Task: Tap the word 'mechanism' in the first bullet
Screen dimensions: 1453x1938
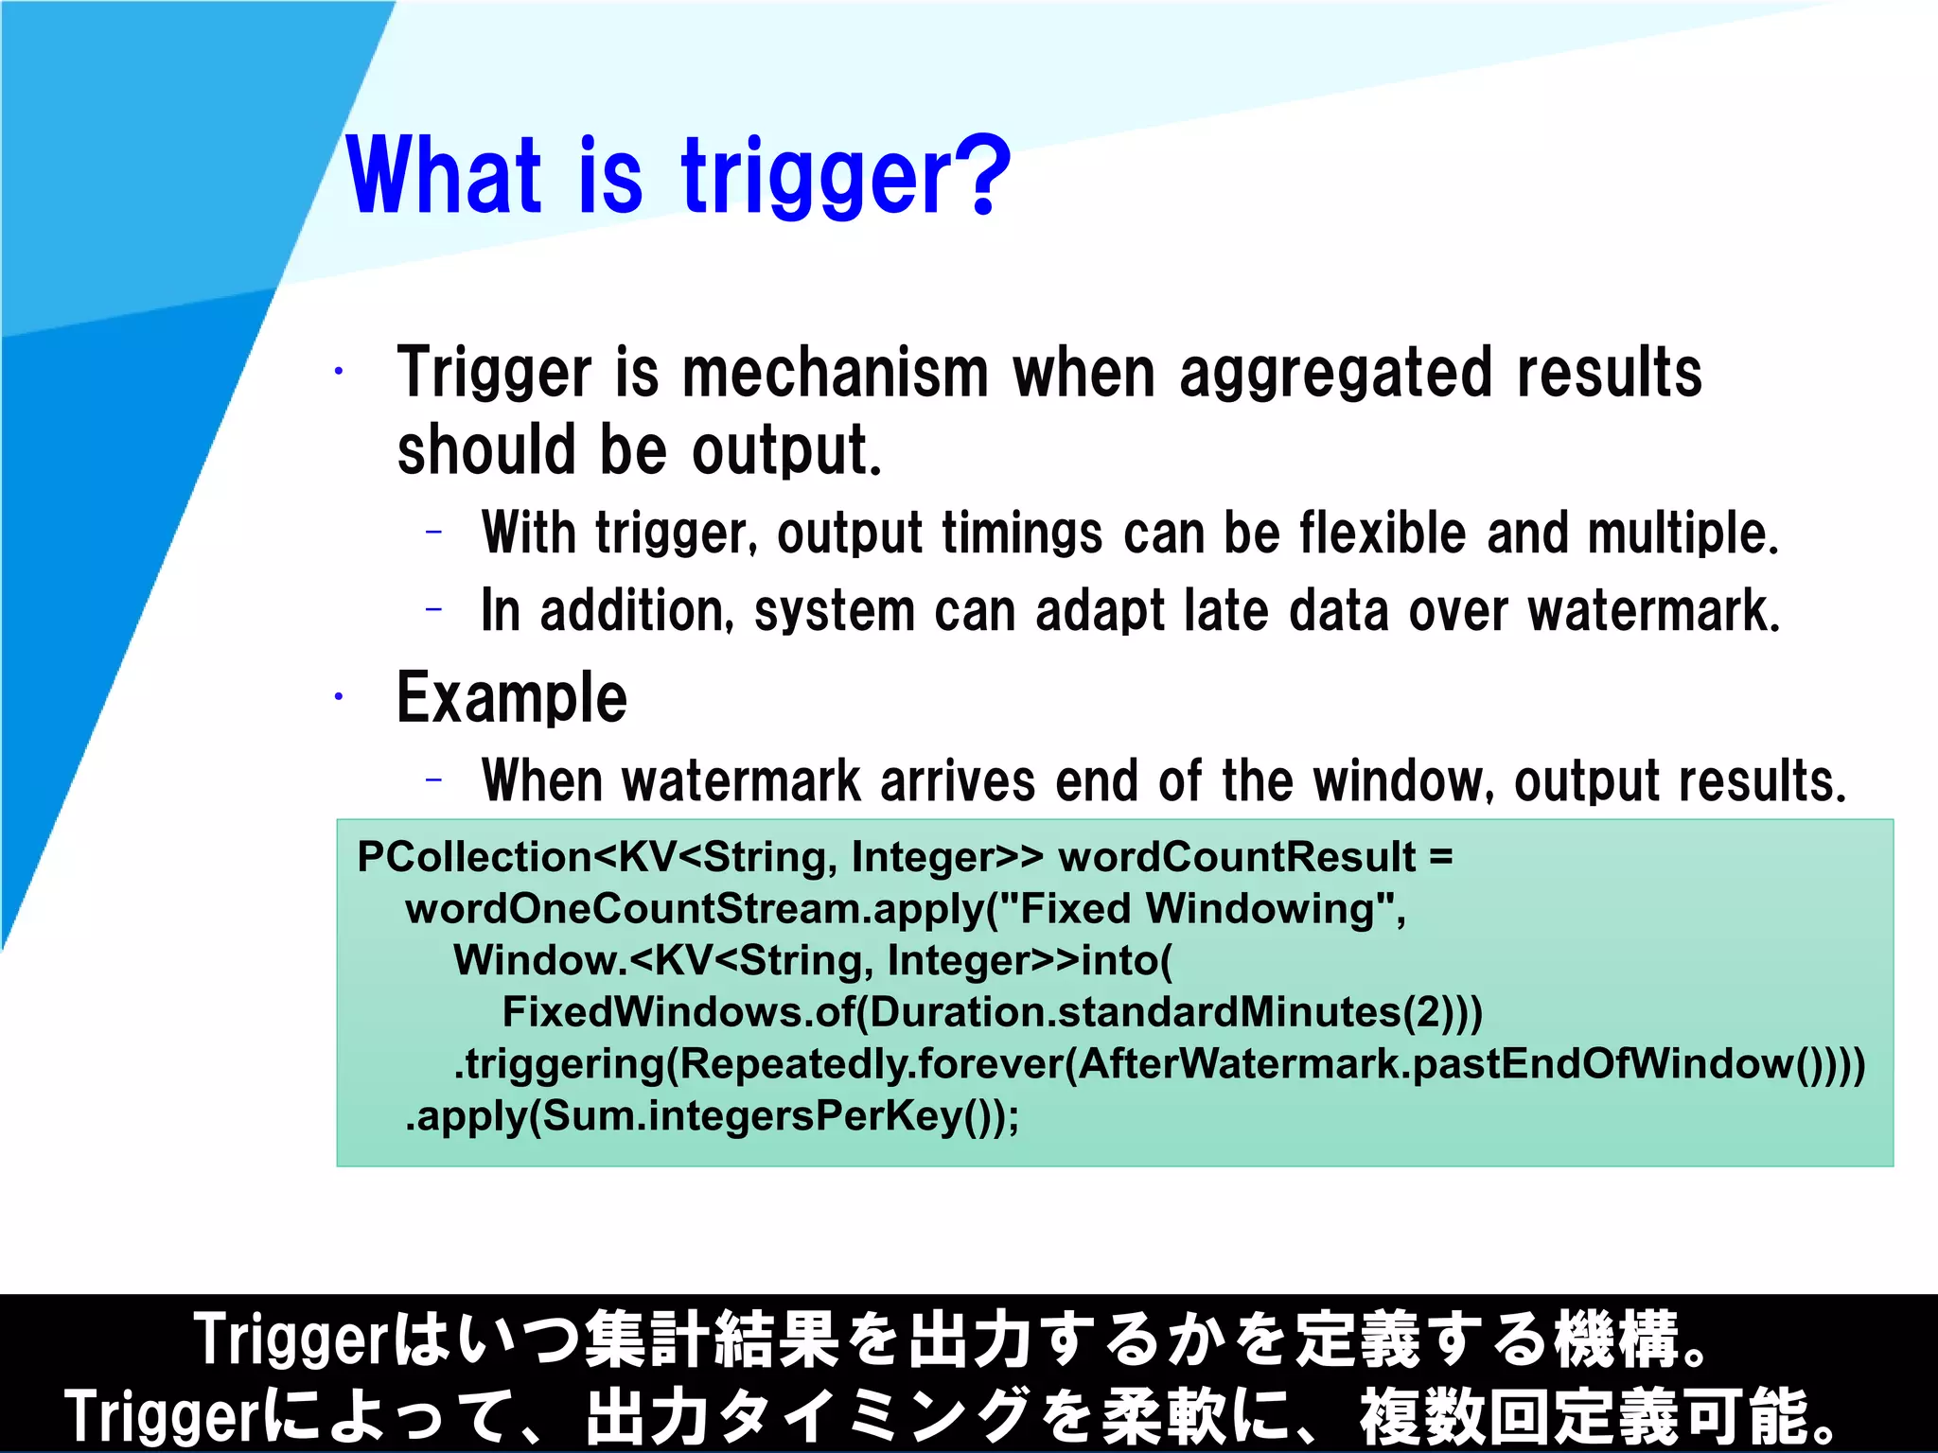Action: coord(835,373)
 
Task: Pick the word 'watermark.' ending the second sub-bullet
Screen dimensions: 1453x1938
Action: coord(1653,611)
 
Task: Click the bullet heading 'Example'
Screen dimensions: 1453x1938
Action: coord(511,698)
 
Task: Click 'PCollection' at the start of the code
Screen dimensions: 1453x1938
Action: coord(473,857)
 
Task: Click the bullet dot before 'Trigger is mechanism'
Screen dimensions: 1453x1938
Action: coord(338,372)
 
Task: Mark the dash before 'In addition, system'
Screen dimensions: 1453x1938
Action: coord(434,610)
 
